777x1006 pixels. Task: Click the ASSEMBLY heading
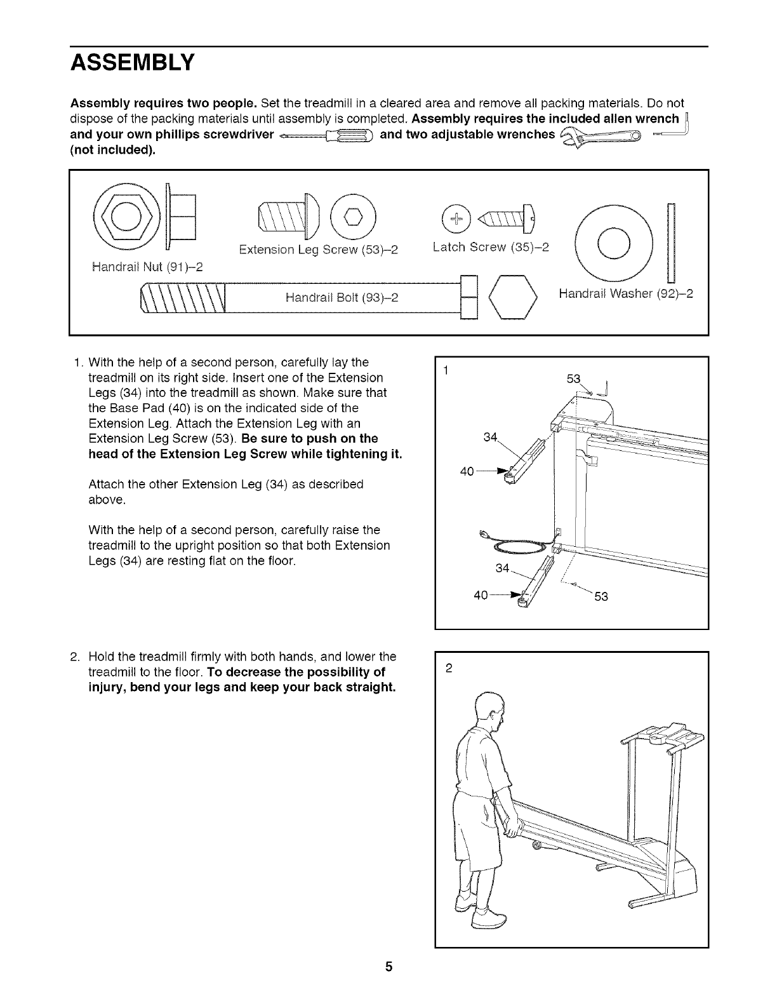pos(132,64)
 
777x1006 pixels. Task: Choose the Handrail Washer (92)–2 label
pos(626,294)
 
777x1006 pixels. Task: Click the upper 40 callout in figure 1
pos(468,471)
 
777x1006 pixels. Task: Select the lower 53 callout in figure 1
pos(601,596)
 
